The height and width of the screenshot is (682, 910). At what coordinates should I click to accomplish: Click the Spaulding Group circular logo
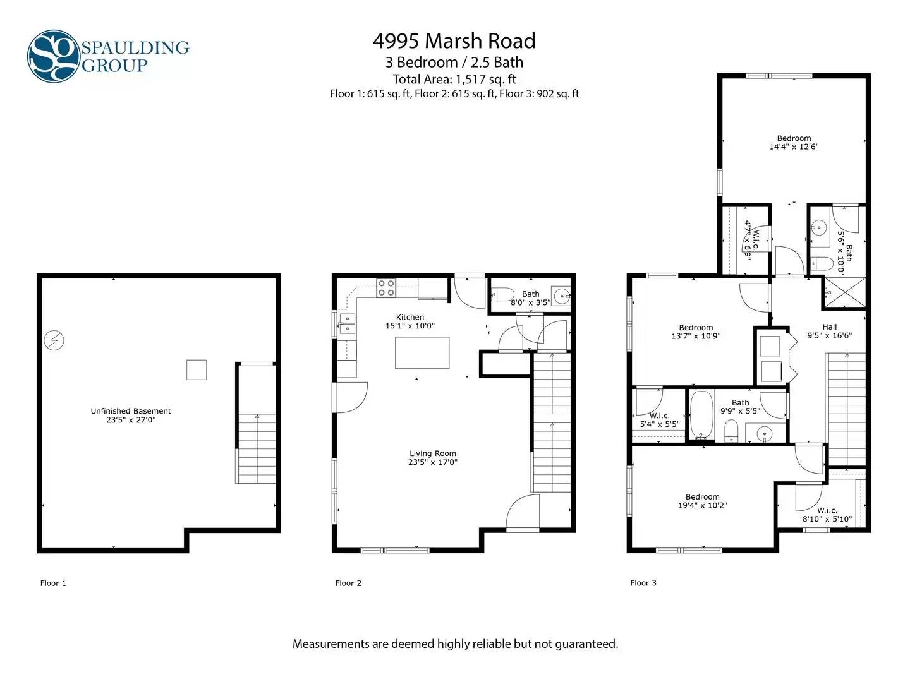tap(54, 56)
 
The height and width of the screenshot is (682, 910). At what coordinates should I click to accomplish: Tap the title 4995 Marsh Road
tap(454, 41)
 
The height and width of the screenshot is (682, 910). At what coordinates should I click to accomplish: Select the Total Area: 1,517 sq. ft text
tap(454, 79)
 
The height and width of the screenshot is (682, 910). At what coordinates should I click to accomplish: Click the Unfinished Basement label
tap(131, 411)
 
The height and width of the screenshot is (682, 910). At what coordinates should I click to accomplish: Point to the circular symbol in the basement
tap(54, 340)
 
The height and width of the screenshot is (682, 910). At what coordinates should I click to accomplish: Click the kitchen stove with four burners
tap(386, 288)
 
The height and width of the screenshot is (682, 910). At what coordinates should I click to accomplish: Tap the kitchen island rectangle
tap(422, 353)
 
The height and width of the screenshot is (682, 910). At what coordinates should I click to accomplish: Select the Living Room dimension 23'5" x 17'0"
tap(432, 462)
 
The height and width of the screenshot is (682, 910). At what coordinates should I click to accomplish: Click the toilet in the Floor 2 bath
tap(503, 294)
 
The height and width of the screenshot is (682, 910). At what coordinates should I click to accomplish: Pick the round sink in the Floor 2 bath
tap(562, 296)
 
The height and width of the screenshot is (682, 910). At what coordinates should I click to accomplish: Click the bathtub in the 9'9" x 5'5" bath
tap(701, 414)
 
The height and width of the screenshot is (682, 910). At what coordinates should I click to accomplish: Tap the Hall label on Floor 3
tap(829, 327)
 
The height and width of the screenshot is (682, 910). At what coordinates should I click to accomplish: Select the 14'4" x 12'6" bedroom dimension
tap(794, 147)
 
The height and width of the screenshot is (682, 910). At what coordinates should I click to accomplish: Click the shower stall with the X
tap(844, 293)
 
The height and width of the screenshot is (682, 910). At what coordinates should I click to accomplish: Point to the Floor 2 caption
tap(348, 583)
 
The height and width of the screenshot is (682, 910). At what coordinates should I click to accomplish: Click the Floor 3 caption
tap(643, 583)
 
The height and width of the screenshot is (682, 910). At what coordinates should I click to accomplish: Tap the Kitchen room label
tap(410, 317)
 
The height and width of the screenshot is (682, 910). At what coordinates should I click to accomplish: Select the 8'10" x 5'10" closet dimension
tap(827, 519)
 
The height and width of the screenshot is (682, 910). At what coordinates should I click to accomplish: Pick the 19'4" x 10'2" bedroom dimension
tap(702, 505)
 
